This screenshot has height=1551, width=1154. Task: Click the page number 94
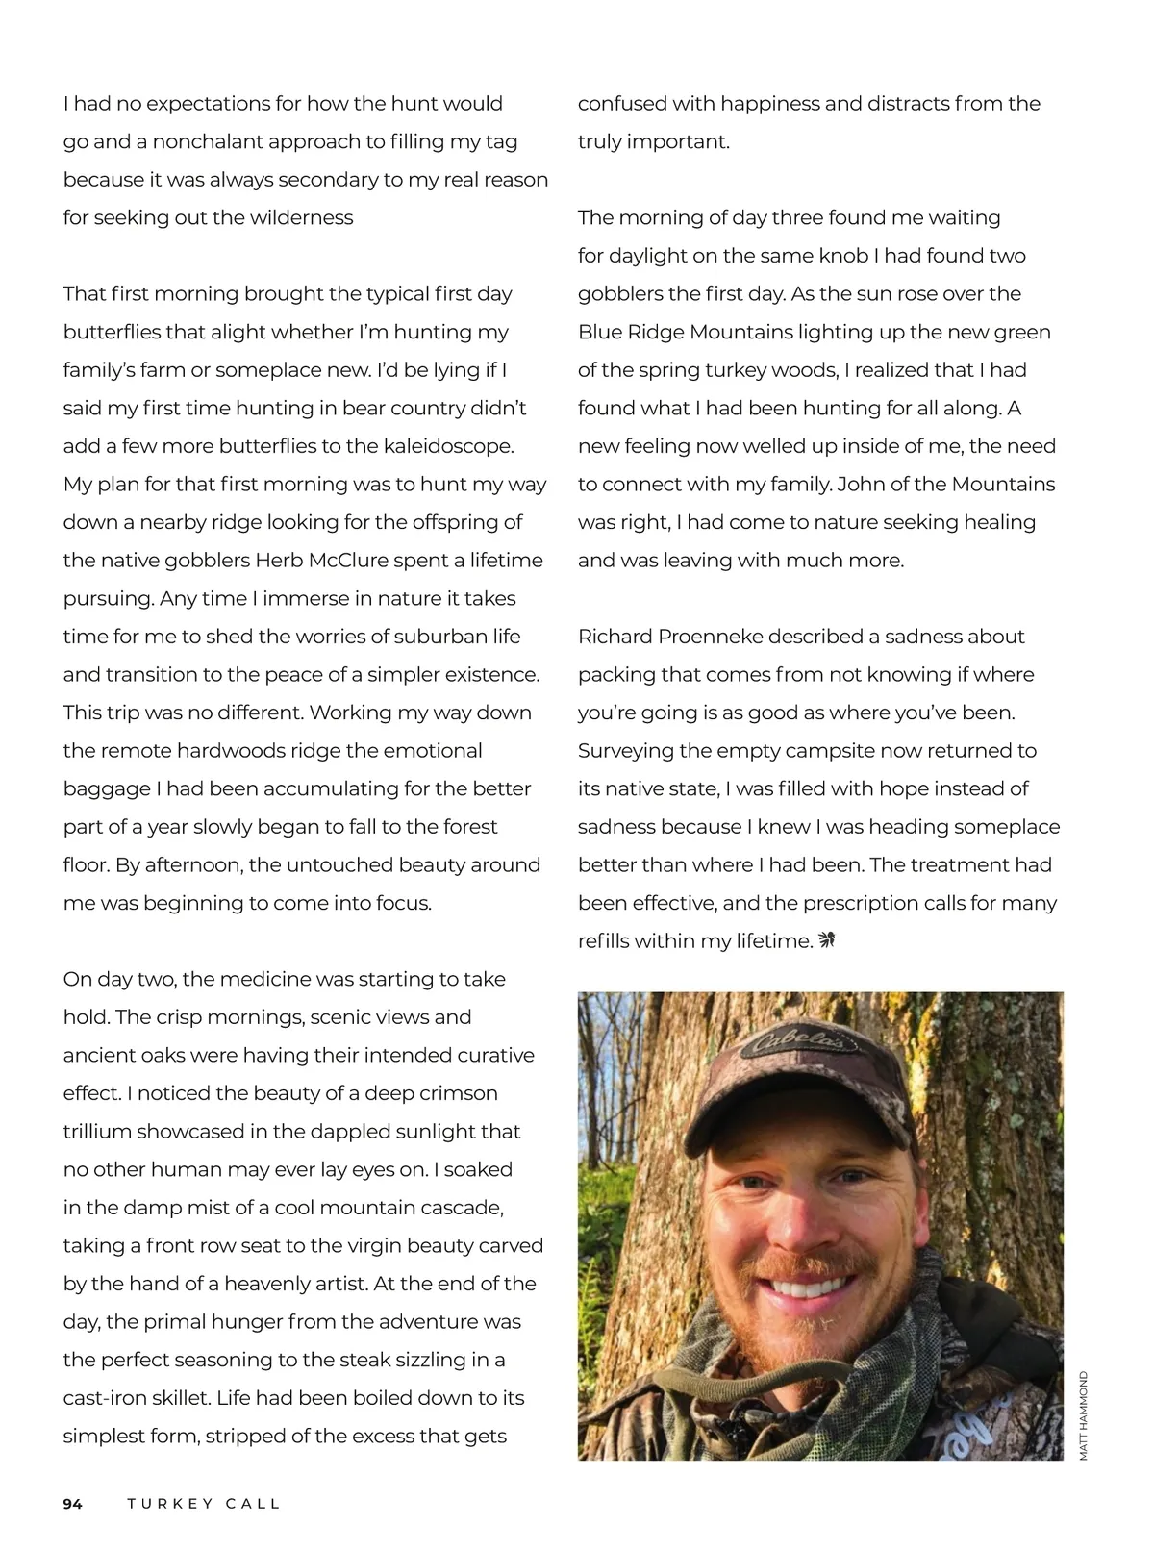tap(73, 1504)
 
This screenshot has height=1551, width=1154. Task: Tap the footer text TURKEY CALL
tap(203, 1504)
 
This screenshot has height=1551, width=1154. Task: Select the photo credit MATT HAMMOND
tap(1083, 1415)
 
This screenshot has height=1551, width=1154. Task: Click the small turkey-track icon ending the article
tap(827, 940)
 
